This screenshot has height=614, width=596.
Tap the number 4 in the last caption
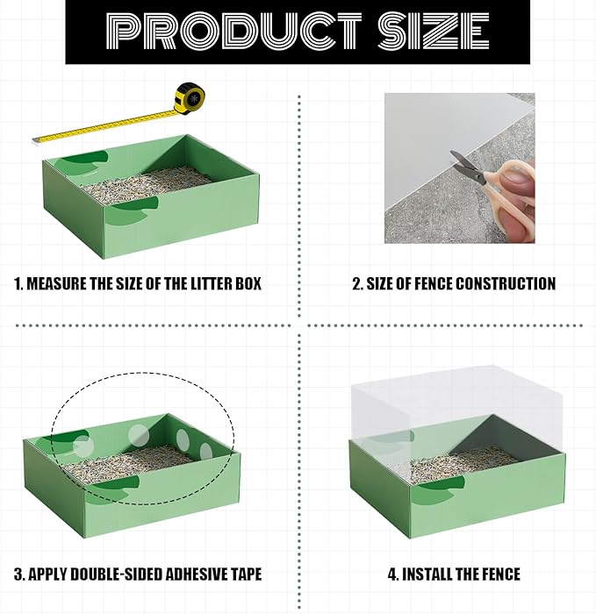pos(392,575)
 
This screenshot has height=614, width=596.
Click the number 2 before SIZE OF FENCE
pos(357,283)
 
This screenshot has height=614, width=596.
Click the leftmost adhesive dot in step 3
pos(82,446)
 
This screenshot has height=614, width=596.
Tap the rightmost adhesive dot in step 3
pos(206,451)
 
